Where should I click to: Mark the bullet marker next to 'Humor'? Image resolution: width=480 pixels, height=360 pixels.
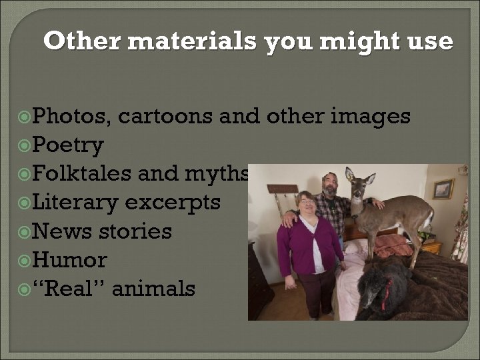(24, 261)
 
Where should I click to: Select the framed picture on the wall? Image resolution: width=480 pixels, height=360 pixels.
(442, 189)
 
